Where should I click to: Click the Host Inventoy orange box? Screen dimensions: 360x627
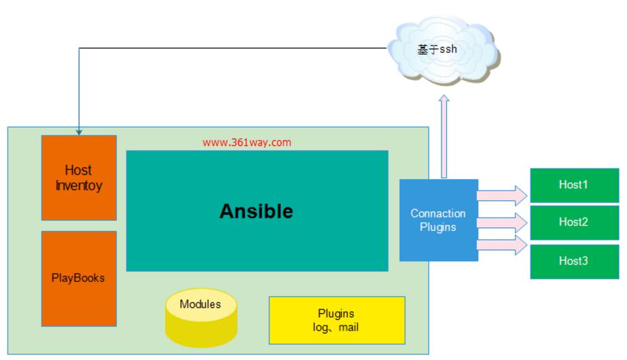(79, 177)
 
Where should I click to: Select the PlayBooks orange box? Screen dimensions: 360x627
(79, 278)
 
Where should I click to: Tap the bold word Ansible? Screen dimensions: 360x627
(256, 211)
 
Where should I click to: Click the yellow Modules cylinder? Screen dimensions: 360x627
(200, 319)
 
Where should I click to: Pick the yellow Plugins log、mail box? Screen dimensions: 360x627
(336, 320)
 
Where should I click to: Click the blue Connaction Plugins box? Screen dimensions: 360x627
(438, 220)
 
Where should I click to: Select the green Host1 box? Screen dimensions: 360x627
(575, 185)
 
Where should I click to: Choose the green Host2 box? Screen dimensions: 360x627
(575, 222)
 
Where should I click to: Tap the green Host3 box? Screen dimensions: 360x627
(575, 260)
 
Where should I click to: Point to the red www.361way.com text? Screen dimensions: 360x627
(247, 143)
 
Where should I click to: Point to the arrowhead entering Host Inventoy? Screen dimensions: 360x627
(79, 131)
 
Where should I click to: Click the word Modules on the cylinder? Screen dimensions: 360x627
(200, 304)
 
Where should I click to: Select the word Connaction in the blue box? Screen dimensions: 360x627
(438, 213)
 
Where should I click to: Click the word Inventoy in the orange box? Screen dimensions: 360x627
(79, 185)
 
